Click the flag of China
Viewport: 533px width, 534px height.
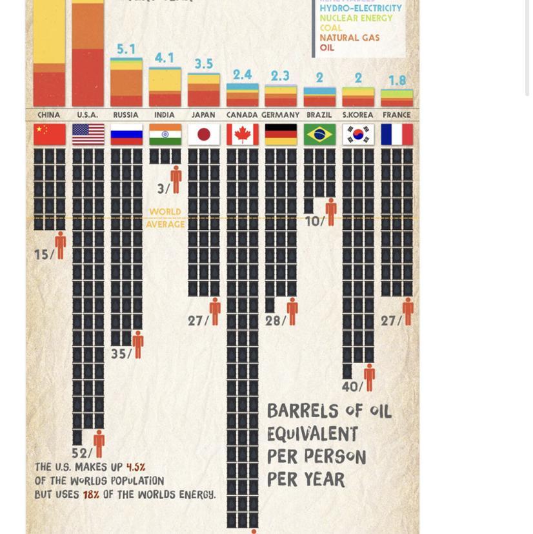coord(50,135)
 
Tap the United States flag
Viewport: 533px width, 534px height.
coord(88,135)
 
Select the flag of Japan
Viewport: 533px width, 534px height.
coord(203,135)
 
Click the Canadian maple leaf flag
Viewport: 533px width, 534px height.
coord(242,135)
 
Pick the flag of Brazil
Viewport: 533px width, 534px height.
coord(319,135)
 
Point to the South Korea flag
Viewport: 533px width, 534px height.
coord(358,135)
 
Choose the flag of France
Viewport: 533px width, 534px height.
coord(397,135)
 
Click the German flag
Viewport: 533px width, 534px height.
coord(281,135)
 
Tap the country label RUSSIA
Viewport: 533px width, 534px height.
coord(126,115)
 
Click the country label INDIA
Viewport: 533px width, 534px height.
coord(165,115)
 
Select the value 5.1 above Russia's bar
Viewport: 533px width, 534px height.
coord(126,50)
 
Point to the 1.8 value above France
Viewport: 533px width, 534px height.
coord(397,81)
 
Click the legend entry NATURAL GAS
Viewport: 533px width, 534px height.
coord(349,38)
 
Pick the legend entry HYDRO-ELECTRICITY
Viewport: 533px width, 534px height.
coord(360,8)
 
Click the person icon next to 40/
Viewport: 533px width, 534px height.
coord(369,377)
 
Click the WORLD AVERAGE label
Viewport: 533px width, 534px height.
coord(165,218)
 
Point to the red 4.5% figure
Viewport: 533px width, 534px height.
coord(136,467)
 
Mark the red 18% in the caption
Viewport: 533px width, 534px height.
coord(91,495)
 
